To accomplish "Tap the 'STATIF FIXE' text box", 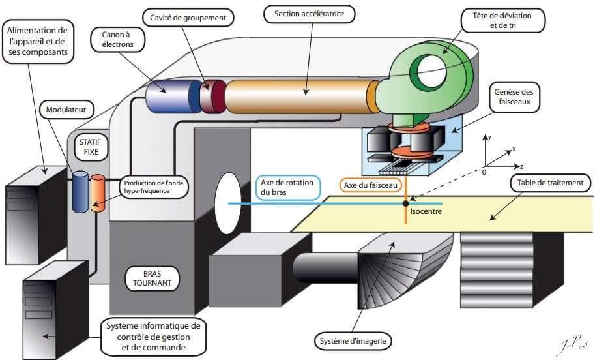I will click(90, 147).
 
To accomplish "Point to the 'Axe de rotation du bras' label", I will click(287, 187).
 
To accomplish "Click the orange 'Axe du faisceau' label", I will click(371, 185).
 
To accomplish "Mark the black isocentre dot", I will click(405, 204).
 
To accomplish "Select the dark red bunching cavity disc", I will click(214, 97).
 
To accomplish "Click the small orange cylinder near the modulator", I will click(98, 192).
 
